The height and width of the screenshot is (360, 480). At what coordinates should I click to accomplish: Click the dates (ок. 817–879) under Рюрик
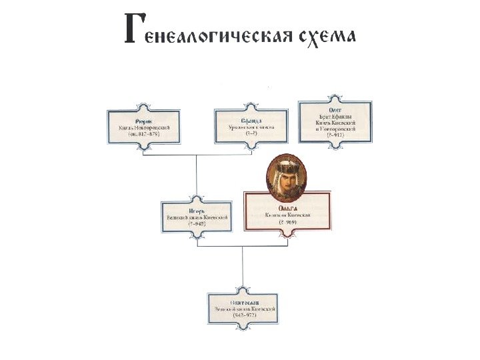click(x=143, y=133)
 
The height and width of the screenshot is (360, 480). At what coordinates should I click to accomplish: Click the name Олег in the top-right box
click(x=335, y=107)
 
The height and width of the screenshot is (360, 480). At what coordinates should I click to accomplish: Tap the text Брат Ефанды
click(x=335, y=115)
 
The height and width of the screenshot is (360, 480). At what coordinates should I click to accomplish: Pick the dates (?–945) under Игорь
click(x=197, y=224)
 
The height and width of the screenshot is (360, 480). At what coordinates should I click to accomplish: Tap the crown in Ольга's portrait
click(x=287, y=163)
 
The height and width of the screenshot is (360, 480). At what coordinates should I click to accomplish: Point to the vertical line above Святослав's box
click(x=243, y=267)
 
